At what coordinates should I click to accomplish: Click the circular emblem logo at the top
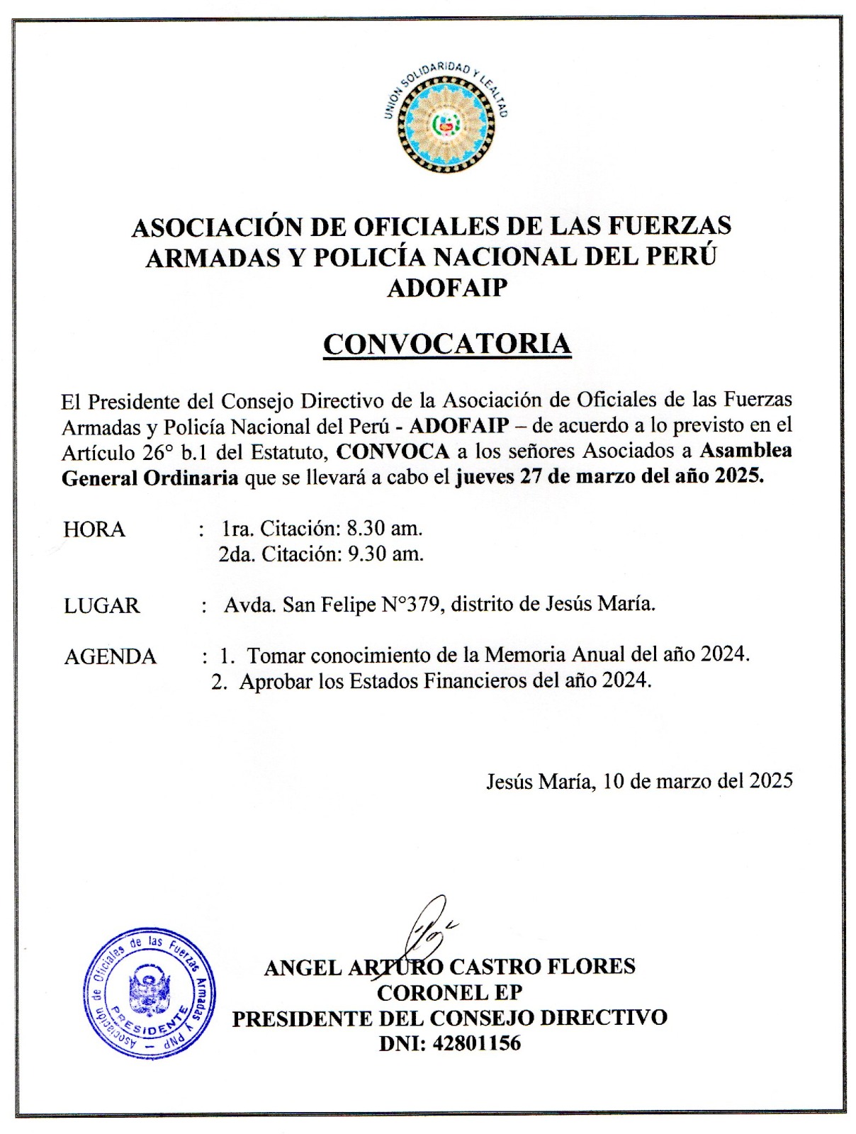pos(446,120)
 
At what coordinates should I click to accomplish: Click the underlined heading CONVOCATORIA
pos(447,344)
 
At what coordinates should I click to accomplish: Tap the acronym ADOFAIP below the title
pos(447,287)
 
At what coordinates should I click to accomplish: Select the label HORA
pos(94,529)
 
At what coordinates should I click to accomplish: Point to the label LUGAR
pos(102,606)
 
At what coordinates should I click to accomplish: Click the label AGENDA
pos(111,657)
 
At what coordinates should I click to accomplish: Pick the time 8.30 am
pos(384,528)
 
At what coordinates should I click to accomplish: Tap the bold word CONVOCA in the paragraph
pos(393,451)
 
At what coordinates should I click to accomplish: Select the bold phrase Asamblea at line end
pos(745,451)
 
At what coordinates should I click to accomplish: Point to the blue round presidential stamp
pos(149,993)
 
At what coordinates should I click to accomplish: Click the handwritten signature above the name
pos(429,928)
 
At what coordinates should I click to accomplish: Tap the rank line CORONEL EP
pos(449,992)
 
